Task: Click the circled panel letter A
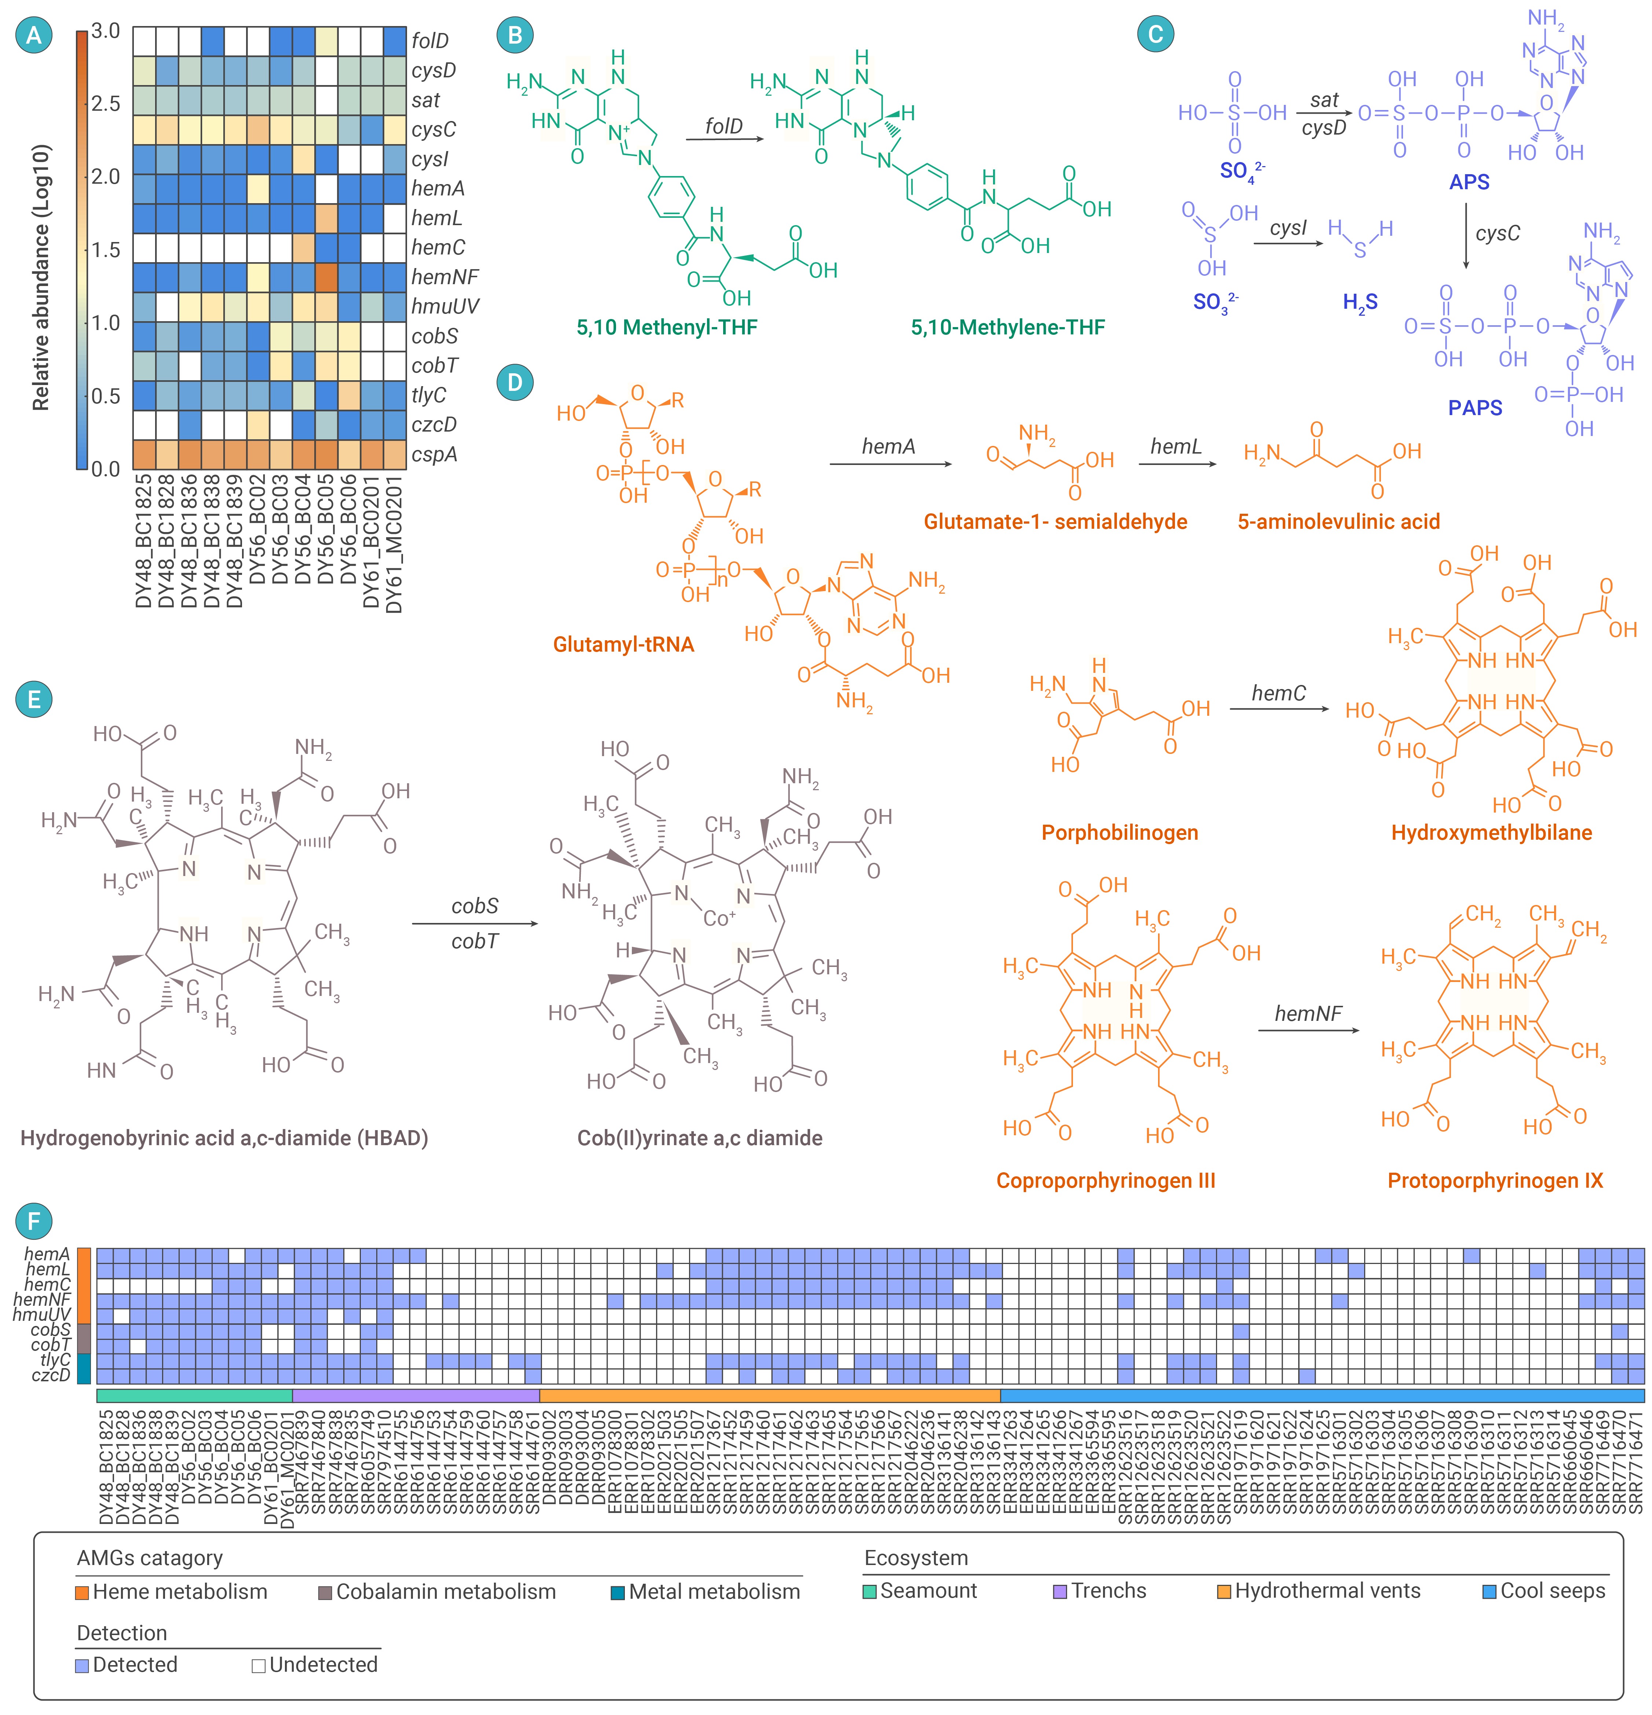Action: (x=34, y=35)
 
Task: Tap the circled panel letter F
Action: (x=34, y=1221)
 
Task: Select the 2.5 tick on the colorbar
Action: (x=106, y=103)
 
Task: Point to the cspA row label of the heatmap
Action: (x=434, y=455)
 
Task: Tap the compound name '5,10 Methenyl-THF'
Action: (x=667, y=327)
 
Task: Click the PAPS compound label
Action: (x=1475, y=408)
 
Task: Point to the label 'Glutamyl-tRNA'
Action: (x=624, y=645)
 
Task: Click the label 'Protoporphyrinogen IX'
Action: (x=1495, y=1180)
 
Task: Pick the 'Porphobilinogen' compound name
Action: (x=1119, y=832)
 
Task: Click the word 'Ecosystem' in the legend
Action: (x=916, y=1558)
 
